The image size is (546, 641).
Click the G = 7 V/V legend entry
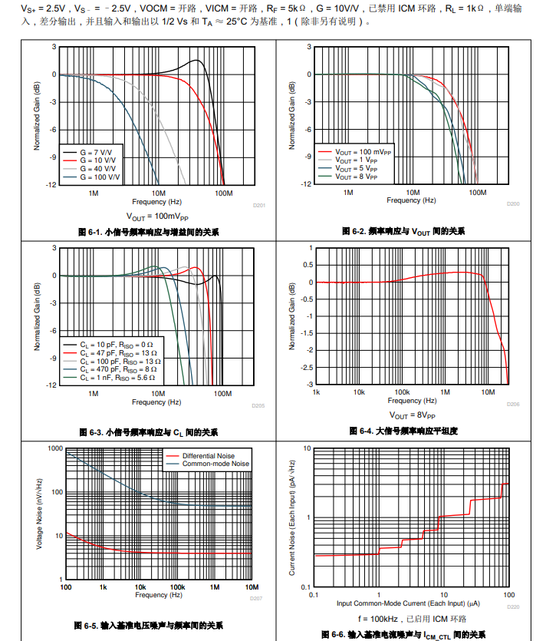coord(98,154)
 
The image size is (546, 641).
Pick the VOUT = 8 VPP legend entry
coord(357,176)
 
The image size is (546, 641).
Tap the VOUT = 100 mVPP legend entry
coord(361,153)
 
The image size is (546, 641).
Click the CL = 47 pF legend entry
coord(120,353)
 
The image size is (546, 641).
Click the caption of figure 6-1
coord(148,231)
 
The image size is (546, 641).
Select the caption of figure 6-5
coord(148,625)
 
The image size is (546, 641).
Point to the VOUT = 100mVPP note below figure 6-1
coord(157,216)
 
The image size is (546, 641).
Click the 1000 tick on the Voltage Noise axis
coord(54,448)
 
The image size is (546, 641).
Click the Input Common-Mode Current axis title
coord(409,603)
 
